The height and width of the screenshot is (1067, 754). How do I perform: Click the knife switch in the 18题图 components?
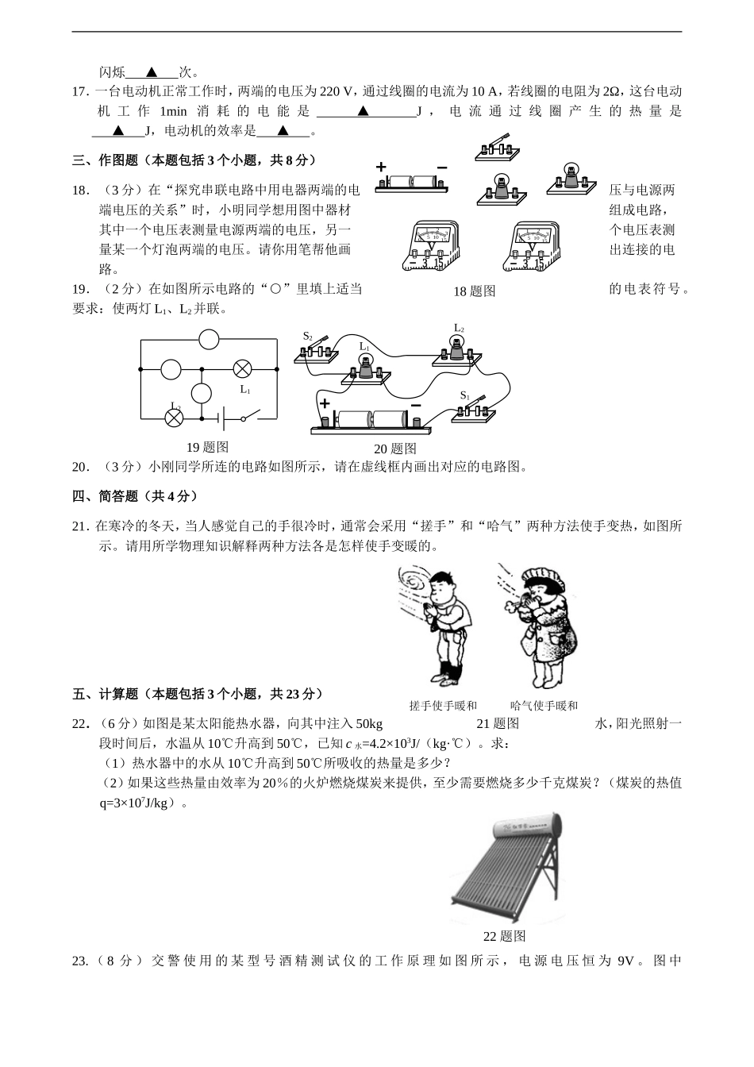[x=497, y=148]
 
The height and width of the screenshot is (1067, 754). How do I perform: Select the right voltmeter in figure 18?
[x=531, y=247]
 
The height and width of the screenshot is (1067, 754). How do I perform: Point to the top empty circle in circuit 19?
[x=209, y=340]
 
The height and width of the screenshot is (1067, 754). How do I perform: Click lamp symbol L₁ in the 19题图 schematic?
[x=242, y=369]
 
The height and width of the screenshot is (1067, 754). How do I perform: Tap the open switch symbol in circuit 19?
[x=251, y=416]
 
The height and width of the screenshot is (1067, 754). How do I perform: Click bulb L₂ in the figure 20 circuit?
[x=457, y=350]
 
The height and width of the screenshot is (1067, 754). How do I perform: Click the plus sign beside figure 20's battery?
[x=325, y=403]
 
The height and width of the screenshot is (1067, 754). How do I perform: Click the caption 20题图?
[x=395, y=449]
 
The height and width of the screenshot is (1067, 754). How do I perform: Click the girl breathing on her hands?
[x=542, y=627]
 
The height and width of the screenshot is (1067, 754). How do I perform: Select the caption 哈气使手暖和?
[x=544, y=706]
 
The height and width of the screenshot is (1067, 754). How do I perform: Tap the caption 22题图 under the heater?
[x=505, y=936]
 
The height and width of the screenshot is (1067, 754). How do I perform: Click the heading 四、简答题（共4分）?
[x=135, y=496]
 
